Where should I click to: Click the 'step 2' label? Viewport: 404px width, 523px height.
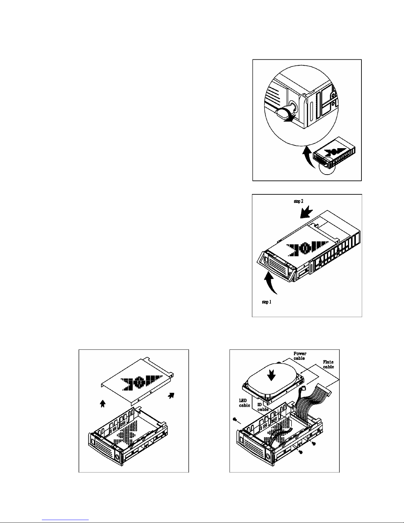tap(299, 201)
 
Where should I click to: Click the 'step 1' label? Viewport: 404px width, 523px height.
tap(266, 302)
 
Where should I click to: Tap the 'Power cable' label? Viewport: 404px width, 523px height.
tap(300, 356)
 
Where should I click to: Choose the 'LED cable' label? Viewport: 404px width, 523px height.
tap(244, 403)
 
